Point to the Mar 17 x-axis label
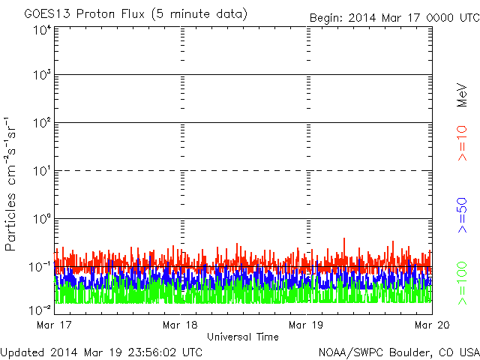[x=55, y=325]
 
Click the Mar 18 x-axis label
[x=180, y=325]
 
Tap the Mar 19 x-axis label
[x=306, y=325]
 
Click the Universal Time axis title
[x=243, y=337]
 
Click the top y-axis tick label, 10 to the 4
[x=42, y=30]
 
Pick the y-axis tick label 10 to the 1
[x=42, y=172]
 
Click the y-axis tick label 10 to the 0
[x=42, y=220]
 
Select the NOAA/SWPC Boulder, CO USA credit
[x=397, y=350]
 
